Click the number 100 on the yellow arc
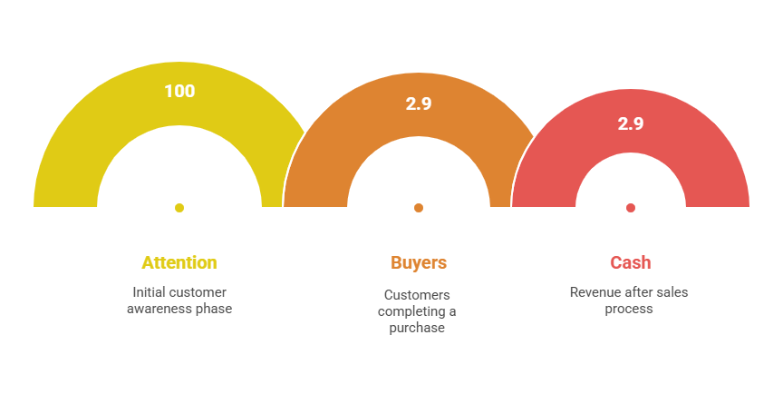pos(179,91)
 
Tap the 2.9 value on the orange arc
pos(419,103)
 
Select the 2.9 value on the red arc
pos(630,123)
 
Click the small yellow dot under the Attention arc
pos(179,208)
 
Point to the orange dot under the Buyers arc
pos(419,208)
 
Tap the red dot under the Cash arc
pos(630,208)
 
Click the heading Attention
pos(179,262)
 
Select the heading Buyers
pos(419,263)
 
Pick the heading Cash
pos(630,262)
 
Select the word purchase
pos(417,329)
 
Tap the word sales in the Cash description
pos(673,292)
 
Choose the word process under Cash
pos(629,309)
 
